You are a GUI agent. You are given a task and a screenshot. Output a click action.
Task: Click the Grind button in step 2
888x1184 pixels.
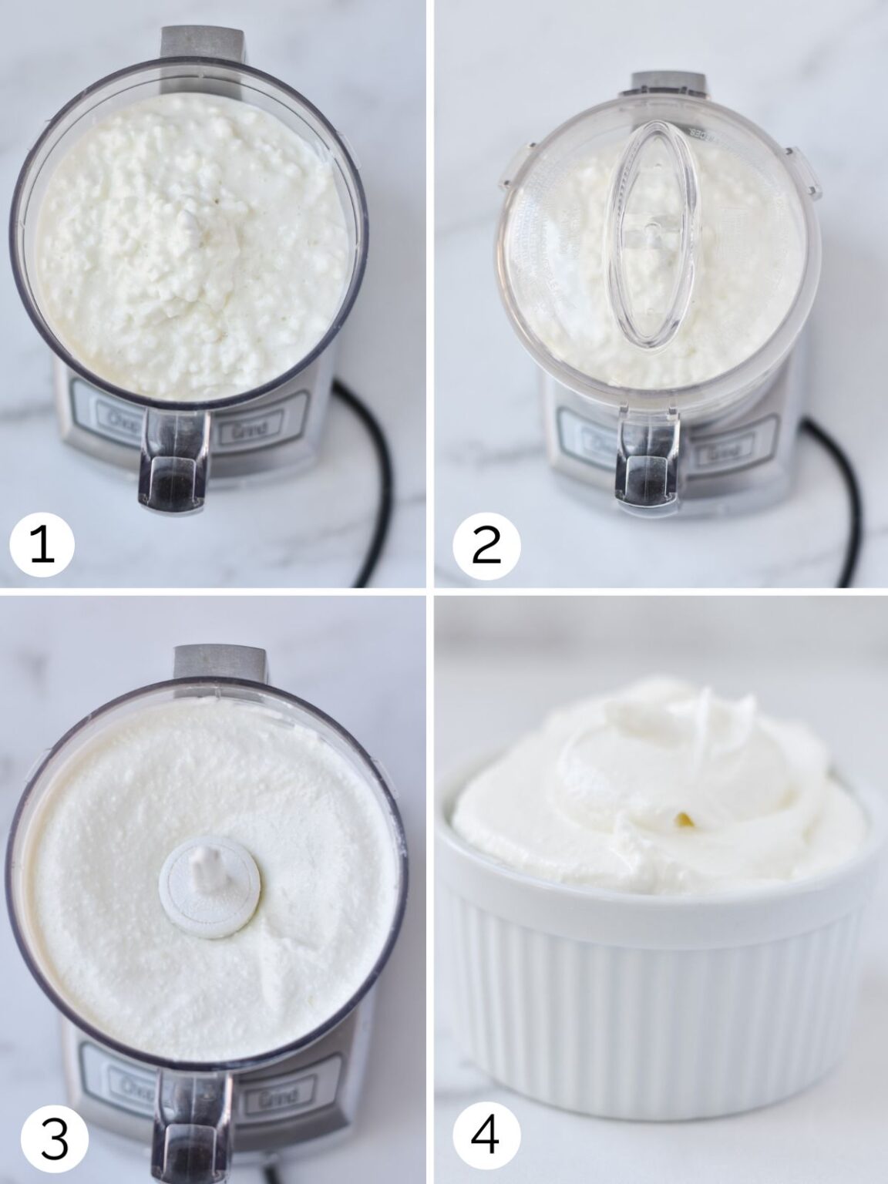[721, 455]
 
